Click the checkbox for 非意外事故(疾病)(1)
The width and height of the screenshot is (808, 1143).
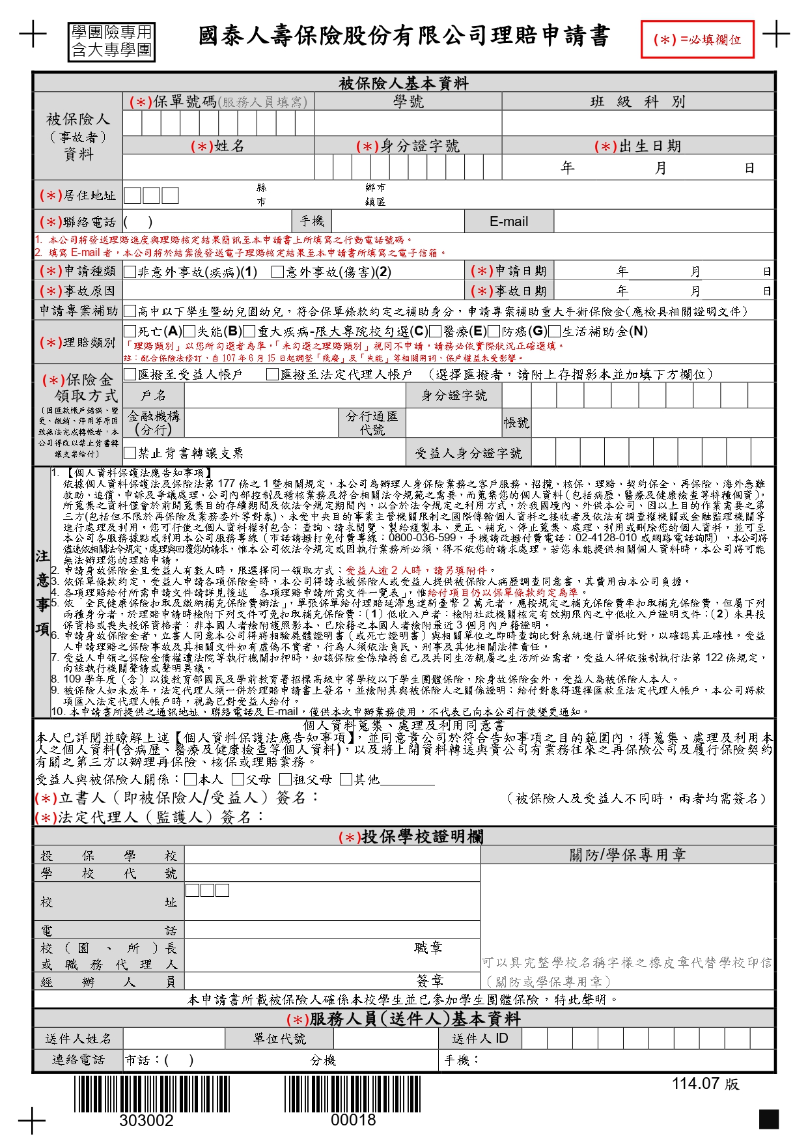[130, 272]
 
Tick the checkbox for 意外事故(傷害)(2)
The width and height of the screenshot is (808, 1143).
[278, 272]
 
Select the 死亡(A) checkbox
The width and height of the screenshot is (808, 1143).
[130, 332]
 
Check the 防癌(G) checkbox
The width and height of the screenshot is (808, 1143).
[494, 332]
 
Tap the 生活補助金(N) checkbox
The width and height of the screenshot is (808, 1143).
[554, 332]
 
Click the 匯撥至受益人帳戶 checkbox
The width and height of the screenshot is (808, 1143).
[130, 374]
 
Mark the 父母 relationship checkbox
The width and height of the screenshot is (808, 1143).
[238, 779]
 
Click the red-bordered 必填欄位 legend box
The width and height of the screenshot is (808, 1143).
[697, 40]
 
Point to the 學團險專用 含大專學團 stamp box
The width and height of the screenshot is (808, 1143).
[111, 42]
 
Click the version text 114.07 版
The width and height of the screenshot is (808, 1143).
[705, 1084]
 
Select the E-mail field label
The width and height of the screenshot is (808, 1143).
[508, 221]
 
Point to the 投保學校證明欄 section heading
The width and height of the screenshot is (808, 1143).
[411, 837]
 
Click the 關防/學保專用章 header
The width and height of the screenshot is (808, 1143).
[628, 854]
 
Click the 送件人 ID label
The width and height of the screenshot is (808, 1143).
[480, 1038]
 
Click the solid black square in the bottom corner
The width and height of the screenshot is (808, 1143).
[768, 1119]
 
